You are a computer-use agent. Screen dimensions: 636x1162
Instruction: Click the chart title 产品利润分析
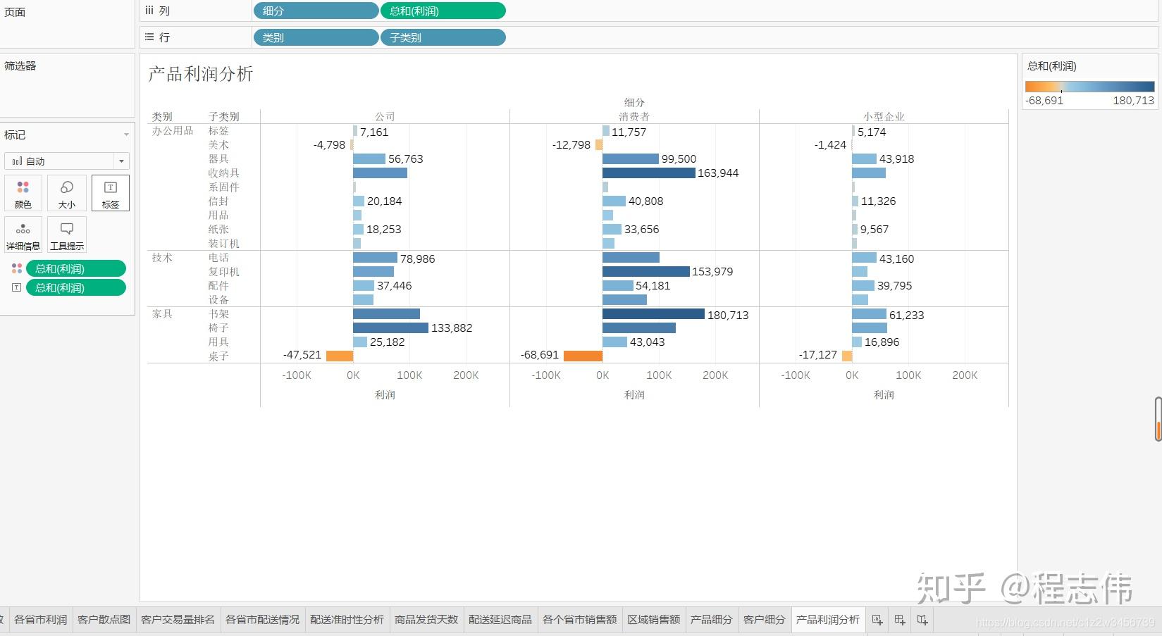[x=200, y=74]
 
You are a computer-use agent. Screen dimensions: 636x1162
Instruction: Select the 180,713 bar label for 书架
[x=728, y=315]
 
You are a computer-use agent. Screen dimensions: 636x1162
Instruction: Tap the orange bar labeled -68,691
[x=583, y=356]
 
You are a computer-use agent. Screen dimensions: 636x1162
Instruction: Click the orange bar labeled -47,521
[x=340, y=356]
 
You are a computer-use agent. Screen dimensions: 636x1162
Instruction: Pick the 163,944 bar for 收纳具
[x=648, y=173]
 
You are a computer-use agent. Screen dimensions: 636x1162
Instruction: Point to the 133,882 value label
[x=452, y=328]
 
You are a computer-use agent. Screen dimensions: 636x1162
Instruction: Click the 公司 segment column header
[x=385, y=116]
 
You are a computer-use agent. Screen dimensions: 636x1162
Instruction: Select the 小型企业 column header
[x=884, y=116]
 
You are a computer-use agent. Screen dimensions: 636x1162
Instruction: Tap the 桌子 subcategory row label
[x=218, y=356]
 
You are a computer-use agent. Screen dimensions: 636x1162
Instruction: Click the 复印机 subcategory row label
[x=223, y=271]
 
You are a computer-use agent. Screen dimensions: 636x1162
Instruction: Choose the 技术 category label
[x=162, y=257]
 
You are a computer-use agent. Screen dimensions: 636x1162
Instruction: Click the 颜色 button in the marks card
[x=23, y=193]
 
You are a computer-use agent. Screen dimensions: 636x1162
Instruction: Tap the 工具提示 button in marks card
[x=67, y=235]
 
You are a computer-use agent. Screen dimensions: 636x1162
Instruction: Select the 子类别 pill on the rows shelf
[x=443, y=37]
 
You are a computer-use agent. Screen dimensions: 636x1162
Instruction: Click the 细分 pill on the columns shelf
[x=315, y=11]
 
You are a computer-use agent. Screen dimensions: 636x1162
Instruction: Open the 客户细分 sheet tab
[x=764, y=619]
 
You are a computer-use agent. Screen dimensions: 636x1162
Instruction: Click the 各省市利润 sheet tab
[x=40, y=619]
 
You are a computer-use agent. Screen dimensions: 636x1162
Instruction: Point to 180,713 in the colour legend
[x=1133, y=100]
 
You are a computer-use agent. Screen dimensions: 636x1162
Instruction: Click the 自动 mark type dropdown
[x=67, y=161]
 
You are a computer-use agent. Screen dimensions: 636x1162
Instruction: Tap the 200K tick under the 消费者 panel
[x=715, y=375]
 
